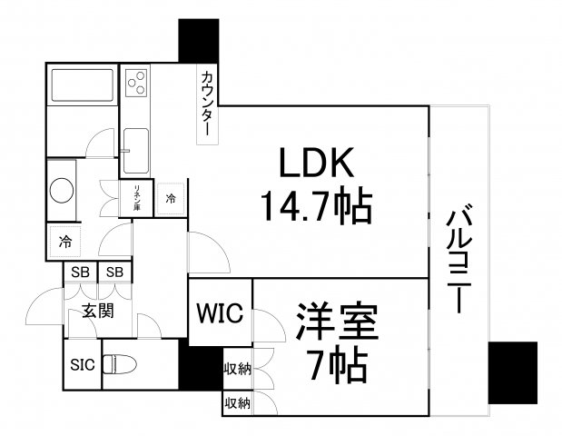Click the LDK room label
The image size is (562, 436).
tap(317, 163)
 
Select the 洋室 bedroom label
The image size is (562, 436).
tap(337, 322)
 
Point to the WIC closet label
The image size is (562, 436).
tap(220, 312)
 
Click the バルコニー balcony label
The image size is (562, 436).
tap(459, 258)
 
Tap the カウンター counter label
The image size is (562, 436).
tap(208, 104)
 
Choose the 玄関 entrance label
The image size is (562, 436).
tap(98, 311)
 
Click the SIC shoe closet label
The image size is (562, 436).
tap(83, 365)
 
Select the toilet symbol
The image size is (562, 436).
tap(120, 364)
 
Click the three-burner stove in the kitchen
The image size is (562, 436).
tap(136, 83)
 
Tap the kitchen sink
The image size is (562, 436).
tap(136, 151)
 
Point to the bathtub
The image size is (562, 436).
tap(83, 85)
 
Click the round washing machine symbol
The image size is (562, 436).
tap(62, 191)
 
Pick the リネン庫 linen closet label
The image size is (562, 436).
tap(136, 198)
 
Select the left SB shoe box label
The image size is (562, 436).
tap(80, 272)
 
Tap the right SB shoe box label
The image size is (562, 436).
tap(114, 272)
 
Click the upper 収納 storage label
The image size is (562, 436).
tap(237, 369)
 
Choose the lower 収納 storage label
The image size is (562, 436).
tap(237, 403)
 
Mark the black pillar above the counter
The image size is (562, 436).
tap(199, 41)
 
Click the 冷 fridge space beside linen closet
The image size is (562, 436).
tap(171, 198)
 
